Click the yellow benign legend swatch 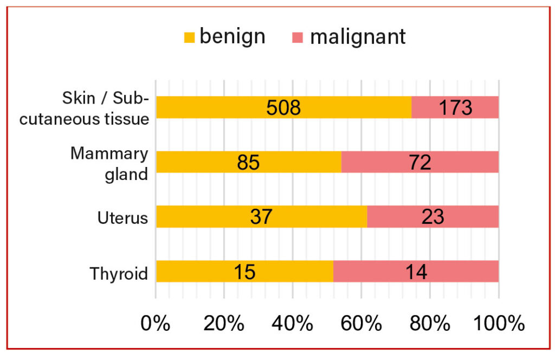point(189,37)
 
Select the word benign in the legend point(233,36)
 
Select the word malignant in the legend point(358,36)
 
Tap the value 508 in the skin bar point(283,108)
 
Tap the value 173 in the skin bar point(455,108)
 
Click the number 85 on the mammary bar point(249,163)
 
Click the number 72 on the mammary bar point(420,163)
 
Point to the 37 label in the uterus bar point(261,217)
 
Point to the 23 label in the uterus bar point(433,217)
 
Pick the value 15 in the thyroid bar point(244,272)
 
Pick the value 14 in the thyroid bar point(416,272)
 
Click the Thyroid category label point(119,273)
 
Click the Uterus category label point(122,218)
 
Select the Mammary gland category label point(109,164)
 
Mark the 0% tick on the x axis point(156,324)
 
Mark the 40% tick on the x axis point(293,324)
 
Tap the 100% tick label point(499,324)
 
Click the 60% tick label point(362,324)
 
